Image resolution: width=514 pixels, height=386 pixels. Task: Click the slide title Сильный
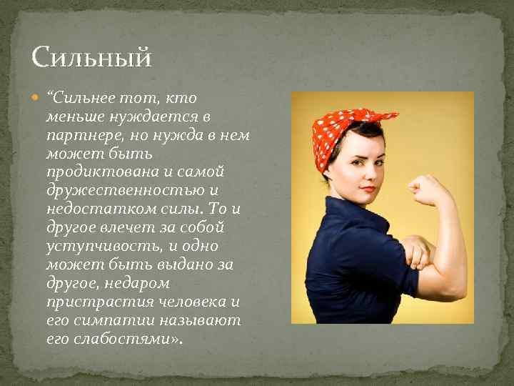91,56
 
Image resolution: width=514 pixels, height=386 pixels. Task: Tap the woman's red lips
366,189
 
